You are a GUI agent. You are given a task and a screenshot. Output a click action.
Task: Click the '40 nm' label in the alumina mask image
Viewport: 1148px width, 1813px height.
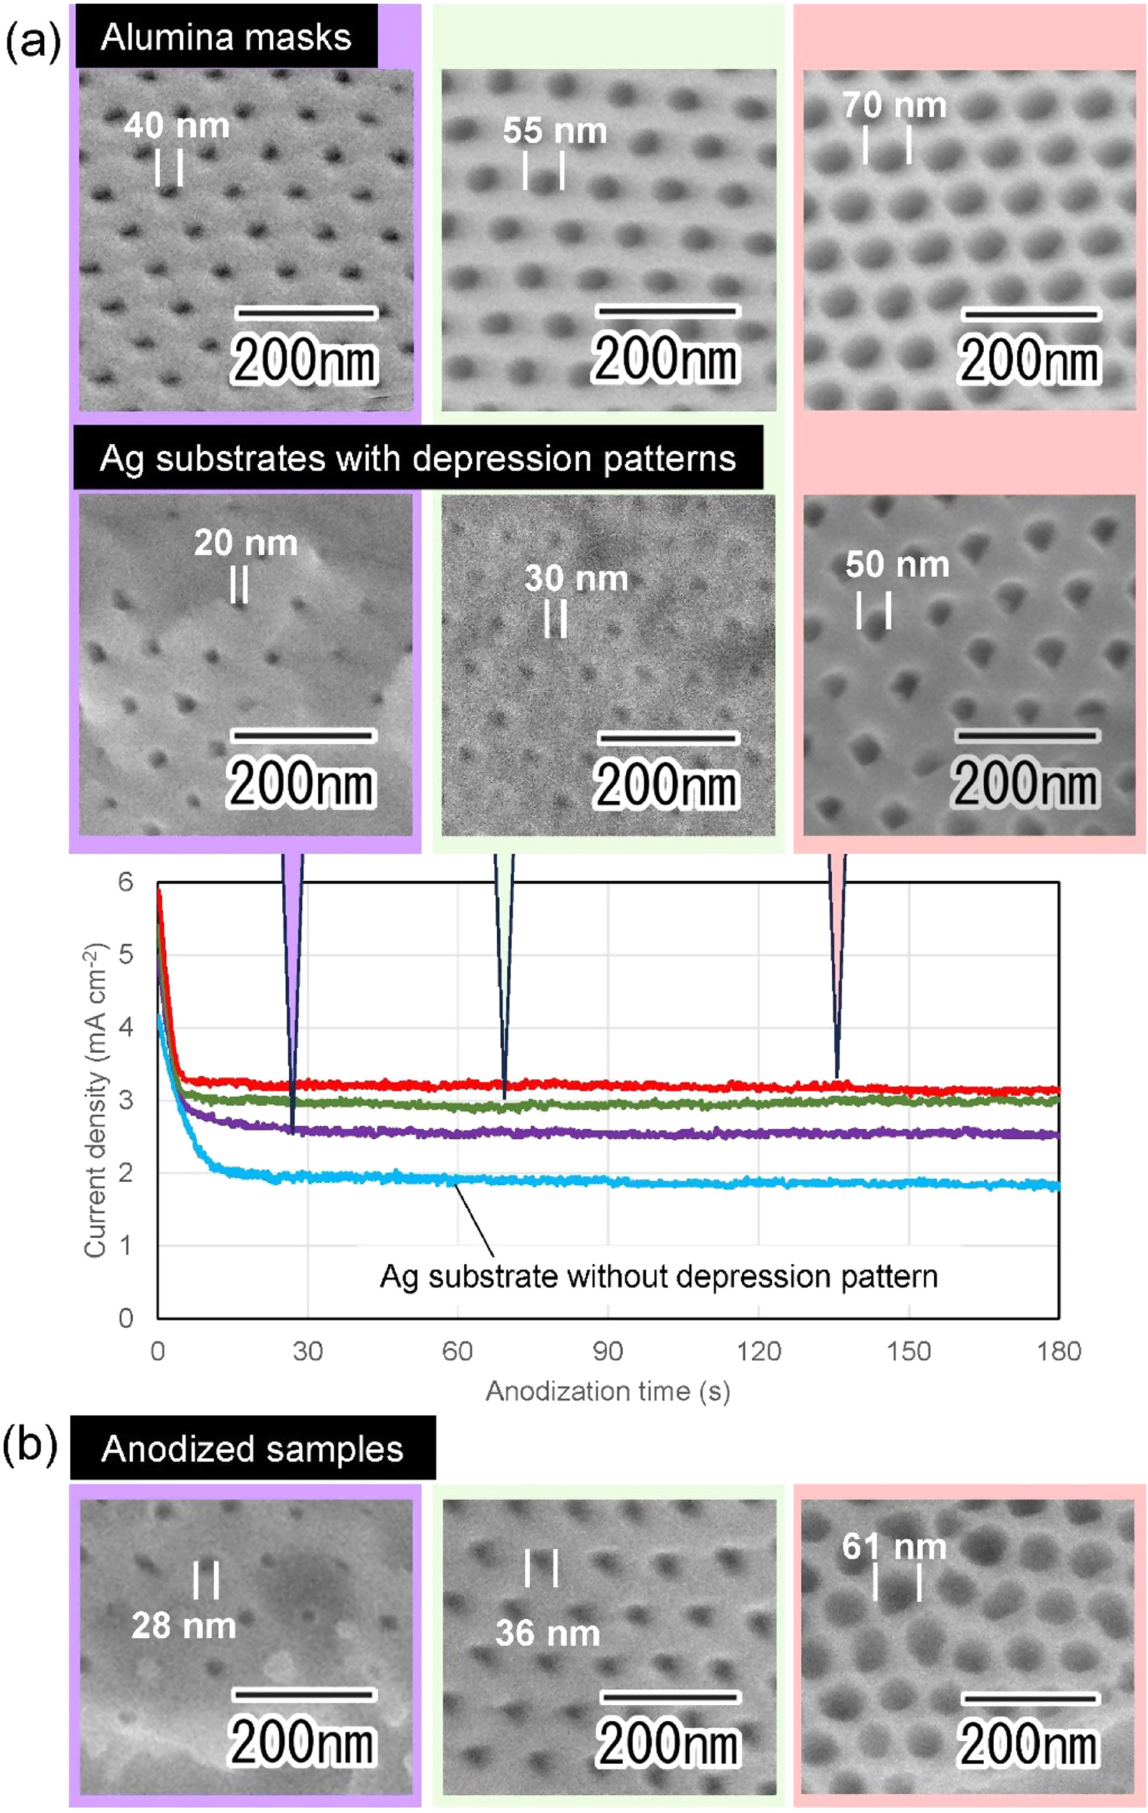click(177, 125)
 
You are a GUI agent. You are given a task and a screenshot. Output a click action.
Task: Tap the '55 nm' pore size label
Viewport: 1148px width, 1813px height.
click(555, 130)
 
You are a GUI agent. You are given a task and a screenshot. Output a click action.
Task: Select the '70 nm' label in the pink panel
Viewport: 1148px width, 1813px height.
click(893, 105)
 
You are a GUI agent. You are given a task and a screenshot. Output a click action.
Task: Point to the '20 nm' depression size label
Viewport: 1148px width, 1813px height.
click(246, 542)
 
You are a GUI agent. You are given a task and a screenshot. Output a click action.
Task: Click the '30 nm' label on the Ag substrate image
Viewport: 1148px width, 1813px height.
click(576, 578)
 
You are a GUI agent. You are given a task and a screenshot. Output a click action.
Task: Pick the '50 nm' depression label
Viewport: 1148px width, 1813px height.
click(897, 564)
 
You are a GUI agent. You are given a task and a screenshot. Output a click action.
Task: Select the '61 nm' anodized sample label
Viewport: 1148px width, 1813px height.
click(893, 1546)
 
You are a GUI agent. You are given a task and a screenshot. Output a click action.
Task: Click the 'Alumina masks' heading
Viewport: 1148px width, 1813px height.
click(226, 37)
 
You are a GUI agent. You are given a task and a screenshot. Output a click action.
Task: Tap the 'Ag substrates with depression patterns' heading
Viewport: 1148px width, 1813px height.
click(418, 458)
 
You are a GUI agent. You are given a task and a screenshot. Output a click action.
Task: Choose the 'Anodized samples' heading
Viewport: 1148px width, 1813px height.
click(252, 1448)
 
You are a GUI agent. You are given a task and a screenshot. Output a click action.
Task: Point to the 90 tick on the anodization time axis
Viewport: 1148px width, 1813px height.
click(608, 1351)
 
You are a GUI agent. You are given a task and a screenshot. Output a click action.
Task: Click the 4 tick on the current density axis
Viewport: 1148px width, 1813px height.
click(125, 1027)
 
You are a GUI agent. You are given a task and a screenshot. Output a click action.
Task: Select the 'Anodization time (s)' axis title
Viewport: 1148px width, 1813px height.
click(608, 1391)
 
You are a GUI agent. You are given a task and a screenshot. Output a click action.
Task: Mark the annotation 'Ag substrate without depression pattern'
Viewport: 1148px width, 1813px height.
click(659, 1276)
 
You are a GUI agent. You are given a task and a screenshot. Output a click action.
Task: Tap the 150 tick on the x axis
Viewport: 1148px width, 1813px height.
click(909, 1351)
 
